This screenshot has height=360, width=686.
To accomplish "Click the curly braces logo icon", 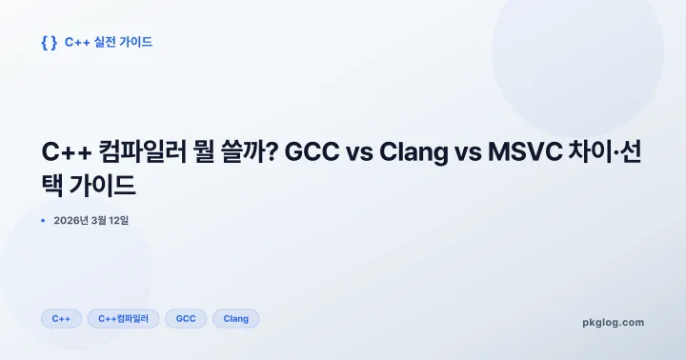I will [50, 43].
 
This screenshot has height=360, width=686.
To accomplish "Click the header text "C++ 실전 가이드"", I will [109, 43].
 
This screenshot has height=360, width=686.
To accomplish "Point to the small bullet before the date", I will [44, 221].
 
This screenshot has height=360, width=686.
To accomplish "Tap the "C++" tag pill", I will [61, 319].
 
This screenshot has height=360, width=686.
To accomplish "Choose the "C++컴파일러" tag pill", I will [123, 319].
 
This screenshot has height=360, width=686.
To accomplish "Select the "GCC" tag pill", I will [186, 319].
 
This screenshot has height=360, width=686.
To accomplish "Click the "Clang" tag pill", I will [235, 319].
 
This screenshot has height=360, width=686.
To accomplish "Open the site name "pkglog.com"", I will [613, 322].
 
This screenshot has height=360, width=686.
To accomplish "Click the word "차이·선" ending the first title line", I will [607, 153].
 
